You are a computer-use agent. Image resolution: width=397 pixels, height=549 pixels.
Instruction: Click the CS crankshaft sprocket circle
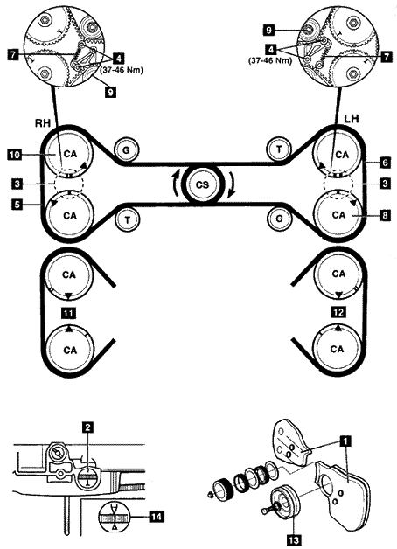click(202, 184)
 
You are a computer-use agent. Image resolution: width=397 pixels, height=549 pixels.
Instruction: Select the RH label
click(42, 123)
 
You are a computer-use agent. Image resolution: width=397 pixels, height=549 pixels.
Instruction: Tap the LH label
click(352, 119)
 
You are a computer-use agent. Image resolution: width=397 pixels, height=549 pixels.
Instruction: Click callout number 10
click(14, 155)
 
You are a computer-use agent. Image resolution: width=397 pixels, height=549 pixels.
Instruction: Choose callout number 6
click(385, 162)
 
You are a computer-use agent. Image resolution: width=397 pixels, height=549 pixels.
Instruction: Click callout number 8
click(385, 215)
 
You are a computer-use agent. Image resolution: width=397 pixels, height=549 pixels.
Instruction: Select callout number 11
click(68, 313)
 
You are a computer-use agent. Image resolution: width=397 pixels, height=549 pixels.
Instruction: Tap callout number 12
click(338, 311)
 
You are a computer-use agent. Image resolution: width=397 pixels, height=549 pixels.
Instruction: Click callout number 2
click(87, 427)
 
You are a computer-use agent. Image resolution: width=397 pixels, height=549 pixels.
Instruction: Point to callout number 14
click(157, 516)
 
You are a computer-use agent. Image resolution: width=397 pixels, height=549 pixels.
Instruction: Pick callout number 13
click(293, 539)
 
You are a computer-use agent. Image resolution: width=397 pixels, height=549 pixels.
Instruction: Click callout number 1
click(345, 441)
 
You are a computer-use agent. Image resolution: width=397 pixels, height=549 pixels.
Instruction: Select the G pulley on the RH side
click(127, 149)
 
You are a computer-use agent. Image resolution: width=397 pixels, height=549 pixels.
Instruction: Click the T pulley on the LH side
click(279, 149)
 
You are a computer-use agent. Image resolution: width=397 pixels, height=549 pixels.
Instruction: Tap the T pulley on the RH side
click(127, 219)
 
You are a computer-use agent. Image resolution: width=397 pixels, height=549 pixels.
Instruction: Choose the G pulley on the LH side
click(279, 219)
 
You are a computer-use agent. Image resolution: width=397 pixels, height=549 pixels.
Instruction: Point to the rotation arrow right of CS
click(231, 186)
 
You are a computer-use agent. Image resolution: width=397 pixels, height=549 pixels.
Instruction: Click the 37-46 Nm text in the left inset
click(122, 70)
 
